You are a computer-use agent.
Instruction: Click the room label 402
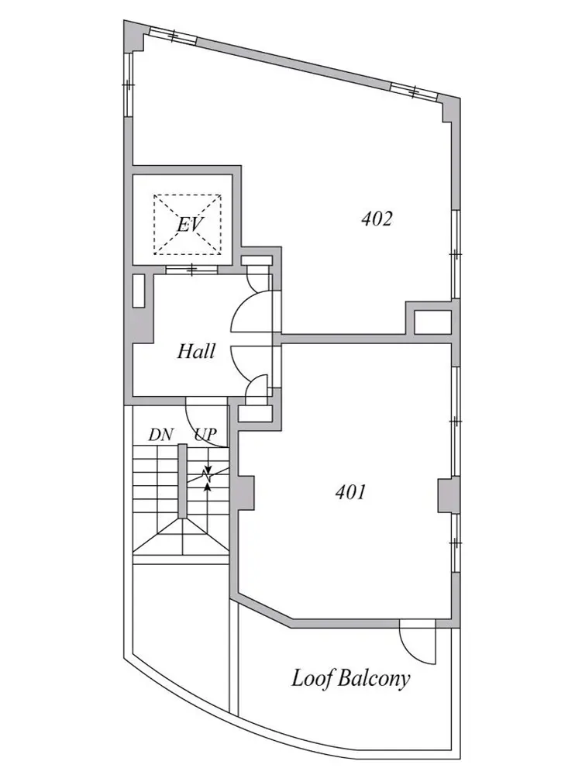click(377, 219)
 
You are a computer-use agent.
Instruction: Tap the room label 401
click(350, 492)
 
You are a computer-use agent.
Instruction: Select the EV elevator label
click(190, 225)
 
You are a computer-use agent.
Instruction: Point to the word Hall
click(196, 351)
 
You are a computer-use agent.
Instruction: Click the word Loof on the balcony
click(310, 678)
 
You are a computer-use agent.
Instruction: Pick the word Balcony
click(374, 679)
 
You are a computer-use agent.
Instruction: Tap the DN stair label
click(161, 435)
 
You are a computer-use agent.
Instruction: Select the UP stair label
click(205, 435)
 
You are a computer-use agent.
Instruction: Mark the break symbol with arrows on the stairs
click(208, 477)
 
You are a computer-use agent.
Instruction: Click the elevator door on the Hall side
click(191, 270)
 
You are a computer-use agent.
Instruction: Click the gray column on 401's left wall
click(246, 492)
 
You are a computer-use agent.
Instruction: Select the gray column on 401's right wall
click(446, 495)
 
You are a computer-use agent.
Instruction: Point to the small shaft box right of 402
click(432, 322)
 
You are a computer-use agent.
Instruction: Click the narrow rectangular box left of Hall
click(139, 291)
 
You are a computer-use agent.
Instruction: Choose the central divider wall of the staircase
click(182, 481)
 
